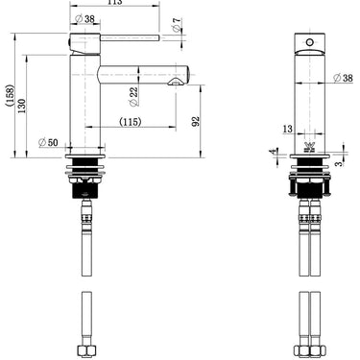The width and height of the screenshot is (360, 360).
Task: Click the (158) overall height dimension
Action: [10, 95]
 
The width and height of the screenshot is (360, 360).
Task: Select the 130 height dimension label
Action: [21, 106]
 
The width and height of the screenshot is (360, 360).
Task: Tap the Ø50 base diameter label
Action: [48, 142]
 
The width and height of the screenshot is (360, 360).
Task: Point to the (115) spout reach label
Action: [131, 122]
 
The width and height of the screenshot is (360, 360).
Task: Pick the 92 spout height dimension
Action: [196, 121]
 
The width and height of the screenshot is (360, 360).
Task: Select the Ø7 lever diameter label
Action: [177, 25]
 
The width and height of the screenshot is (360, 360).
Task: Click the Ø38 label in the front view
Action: [343, 78]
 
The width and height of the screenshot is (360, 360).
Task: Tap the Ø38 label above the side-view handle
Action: [84, 19]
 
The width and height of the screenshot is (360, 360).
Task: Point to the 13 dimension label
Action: [288, 129]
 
